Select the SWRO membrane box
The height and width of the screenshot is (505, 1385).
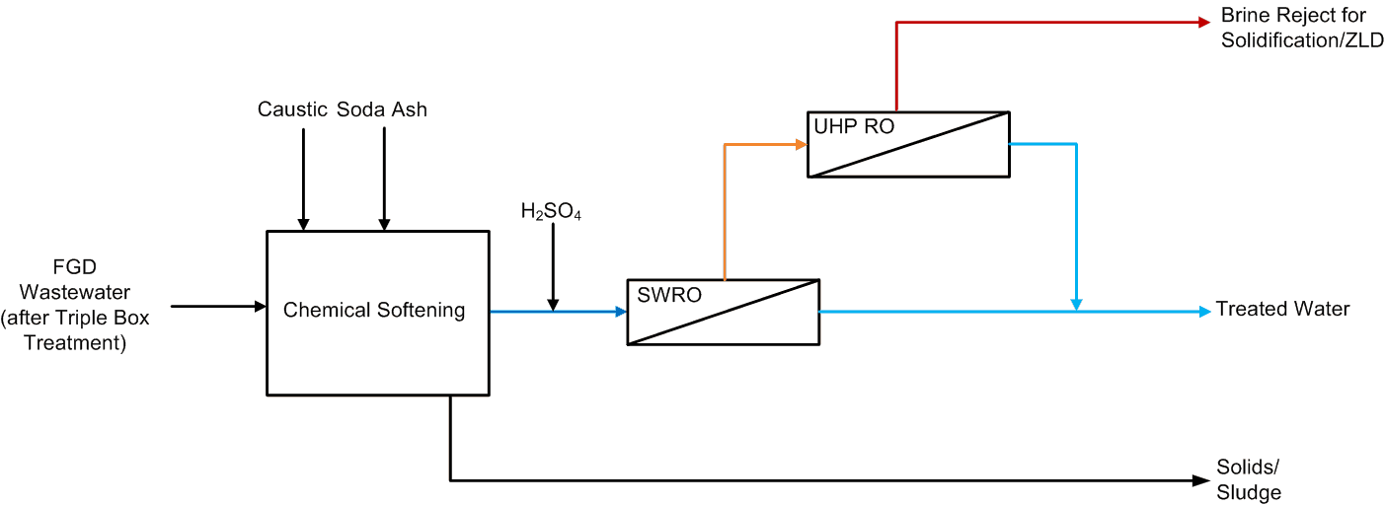[x=724, y=312]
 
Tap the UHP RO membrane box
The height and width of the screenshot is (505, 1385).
[x=908, y=144]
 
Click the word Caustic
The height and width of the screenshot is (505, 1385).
[x=292, y=109]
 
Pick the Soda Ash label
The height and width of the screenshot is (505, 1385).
[x=382, y=109]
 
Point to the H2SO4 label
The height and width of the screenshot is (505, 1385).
[x=551, y=211]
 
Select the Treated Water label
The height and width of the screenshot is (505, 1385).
[x=1282, y=310]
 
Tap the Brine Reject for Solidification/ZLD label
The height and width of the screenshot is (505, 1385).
[x=1301, y=29]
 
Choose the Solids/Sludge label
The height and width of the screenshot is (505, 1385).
[x=1249, y=480]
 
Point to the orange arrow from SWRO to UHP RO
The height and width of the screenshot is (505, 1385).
[x=726, y=207]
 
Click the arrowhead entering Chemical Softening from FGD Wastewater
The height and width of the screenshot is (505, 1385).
[x=262, y=307]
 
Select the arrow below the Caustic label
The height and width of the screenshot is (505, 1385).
[x=304, y=178]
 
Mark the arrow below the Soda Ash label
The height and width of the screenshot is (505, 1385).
[x=384, y=178]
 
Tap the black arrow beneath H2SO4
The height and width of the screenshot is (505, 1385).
[x=553, y=266]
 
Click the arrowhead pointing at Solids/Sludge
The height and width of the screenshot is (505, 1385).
[x=1200, y=481]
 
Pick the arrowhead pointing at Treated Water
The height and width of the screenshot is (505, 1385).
[x=1204, y=312]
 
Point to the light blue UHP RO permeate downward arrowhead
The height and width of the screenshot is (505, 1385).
[x=1076, y=303]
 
